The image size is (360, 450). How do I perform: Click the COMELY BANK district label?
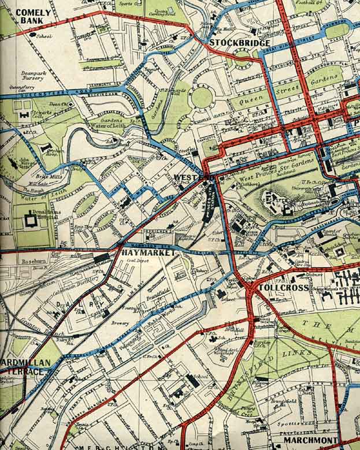32,16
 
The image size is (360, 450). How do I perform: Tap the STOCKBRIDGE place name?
239,43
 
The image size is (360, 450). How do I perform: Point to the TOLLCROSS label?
280,287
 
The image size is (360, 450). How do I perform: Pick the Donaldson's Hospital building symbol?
29,220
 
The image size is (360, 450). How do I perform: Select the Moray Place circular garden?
201,98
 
